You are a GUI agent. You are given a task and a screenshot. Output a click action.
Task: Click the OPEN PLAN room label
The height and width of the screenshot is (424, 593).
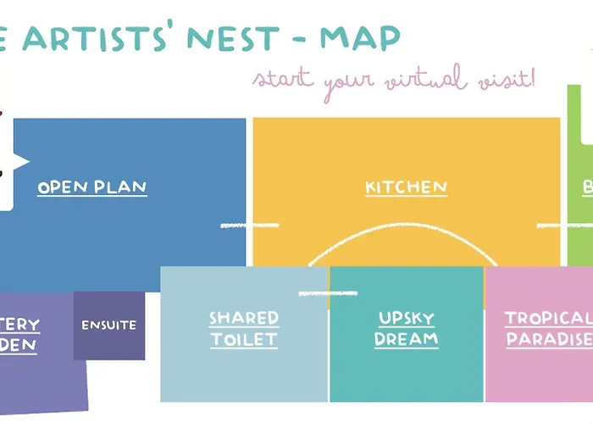91,187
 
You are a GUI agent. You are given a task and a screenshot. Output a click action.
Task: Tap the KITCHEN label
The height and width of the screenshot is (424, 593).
406,187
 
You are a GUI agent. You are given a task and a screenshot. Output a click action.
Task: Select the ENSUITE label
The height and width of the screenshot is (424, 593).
108,325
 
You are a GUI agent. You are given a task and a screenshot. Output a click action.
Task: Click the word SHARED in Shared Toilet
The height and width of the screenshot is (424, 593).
244,319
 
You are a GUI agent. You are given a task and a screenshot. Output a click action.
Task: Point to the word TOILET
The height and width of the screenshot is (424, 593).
244,339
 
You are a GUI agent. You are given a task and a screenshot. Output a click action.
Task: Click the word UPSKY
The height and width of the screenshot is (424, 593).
407,319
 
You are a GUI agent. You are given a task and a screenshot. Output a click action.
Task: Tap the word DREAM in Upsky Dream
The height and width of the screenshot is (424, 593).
407,339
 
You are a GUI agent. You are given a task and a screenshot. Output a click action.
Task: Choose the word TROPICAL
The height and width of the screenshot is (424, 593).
547,319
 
